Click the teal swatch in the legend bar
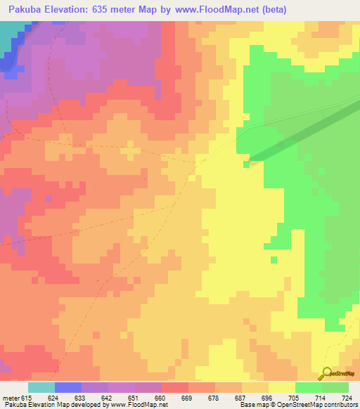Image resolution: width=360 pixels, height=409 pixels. click(41, 387)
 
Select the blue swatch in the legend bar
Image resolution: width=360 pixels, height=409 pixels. click(68, 387)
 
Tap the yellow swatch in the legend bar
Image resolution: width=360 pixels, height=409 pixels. click(281, 387)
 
